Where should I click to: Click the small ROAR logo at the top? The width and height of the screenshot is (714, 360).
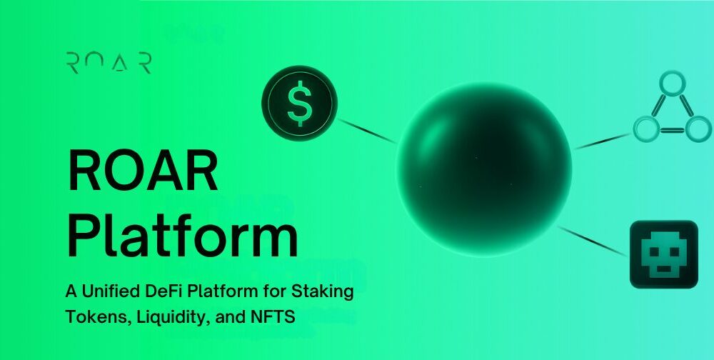109,63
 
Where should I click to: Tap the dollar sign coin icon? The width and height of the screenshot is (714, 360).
300,103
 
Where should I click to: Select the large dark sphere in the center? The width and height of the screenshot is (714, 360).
483,169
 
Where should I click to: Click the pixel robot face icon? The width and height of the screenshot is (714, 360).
663,254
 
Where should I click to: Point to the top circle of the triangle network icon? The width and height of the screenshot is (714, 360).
672,84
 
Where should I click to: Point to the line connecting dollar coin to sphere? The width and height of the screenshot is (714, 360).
368,131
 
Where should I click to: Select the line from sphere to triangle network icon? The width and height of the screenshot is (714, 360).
603,141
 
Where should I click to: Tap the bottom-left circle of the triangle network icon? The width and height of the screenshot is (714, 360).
647,129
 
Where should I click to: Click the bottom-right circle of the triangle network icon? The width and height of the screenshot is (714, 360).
698,129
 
